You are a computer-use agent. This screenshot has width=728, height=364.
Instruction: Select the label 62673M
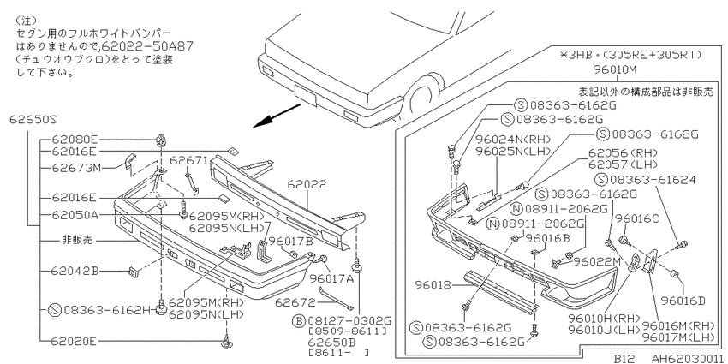[x=75, y=168]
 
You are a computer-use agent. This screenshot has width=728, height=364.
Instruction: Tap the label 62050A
[x=75, y=215]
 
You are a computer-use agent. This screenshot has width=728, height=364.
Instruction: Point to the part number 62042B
[x=75, y=271]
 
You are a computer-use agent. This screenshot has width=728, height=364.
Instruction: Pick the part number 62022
[x=307, y=184]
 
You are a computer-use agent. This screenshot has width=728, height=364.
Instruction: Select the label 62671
[x=188, y=160]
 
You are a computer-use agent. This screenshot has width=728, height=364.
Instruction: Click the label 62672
[x=295, y=303]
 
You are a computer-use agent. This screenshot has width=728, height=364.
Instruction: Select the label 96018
[x=432, y=285]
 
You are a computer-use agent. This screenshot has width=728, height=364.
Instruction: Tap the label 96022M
[x=597, y=261]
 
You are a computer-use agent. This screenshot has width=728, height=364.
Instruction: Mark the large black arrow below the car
[x=277, y=116]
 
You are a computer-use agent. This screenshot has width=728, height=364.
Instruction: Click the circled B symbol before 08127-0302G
[x=299, y=320]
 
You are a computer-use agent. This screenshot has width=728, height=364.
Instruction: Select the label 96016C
[x=637, y=218]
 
